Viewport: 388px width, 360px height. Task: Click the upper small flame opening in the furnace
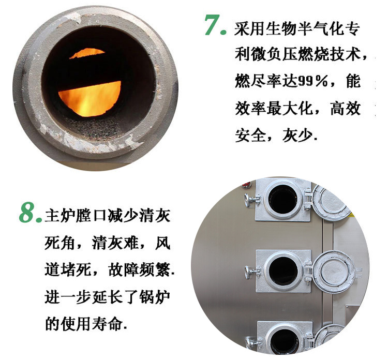coord(87,53)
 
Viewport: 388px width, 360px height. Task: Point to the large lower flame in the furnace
coord(89,98)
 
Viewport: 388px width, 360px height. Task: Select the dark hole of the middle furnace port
coord(283,272)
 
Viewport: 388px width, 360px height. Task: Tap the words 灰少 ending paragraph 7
coord(297,136)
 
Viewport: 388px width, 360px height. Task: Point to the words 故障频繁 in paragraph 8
coord(139,269)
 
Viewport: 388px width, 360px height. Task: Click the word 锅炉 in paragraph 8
coord(155,296)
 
